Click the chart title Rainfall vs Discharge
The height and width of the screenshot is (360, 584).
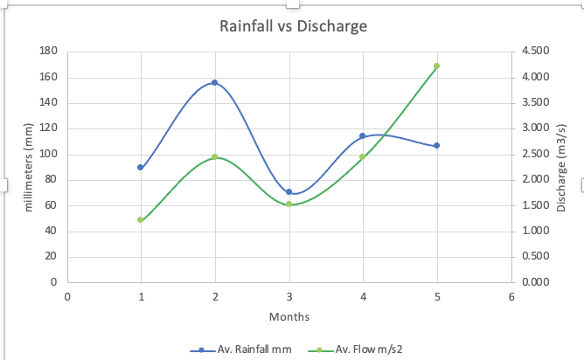292,26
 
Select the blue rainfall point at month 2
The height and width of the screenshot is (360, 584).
214,83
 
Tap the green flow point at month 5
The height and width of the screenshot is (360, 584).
436,66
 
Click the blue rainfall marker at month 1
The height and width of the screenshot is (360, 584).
141,167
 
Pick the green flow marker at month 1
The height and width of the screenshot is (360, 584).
141,220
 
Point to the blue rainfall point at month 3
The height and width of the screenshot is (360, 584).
289,191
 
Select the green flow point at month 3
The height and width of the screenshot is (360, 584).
289,204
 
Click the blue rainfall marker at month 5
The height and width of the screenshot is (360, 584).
436,146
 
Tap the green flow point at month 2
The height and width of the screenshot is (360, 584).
214,157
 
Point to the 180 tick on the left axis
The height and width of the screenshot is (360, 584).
48,52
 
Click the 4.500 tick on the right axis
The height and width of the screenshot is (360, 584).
535,52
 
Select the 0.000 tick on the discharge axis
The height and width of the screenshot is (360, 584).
535,283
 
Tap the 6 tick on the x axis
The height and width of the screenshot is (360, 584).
511,296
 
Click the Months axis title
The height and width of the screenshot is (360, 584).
289,316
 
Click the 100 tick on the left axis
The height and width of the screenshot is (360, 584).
48,155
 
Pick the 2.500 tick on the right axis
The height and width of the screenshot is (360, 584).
535,155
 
